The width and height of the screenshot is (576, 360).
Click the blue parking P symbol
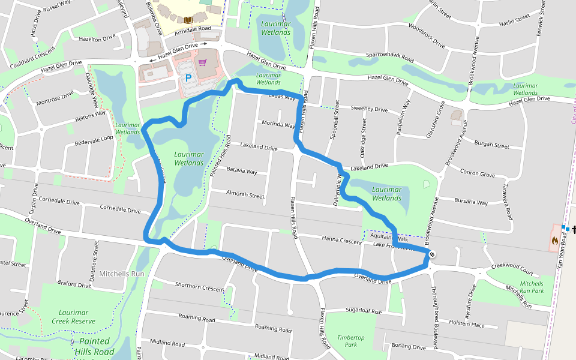coord(188,78)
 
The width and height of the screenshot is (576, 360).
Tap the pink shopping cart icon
coord(203,62)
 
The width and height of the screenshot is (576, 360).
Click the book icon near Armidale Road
coord(188,20)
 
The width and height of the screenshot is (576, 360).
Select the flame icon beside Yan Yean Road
coord(554,241)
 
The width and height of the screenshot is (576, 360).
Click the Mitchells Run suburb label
coord(122,274)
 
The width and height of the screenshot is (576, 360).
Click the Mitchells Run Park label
coord(532,287)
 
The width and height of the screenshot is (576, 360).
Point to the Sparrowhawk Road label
coord(390,58)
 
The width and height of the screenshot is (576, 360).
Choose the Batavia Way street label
coord(242,171)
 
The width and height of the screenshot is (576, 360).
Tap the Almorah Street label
coord(245,195)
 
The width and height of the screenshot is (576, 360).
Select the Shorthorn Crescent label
coord(199,287)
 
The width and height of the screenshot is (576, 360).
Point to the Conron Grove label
coord(478,174)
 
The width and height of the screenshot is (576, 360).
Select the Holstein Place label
coord(467,325)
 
